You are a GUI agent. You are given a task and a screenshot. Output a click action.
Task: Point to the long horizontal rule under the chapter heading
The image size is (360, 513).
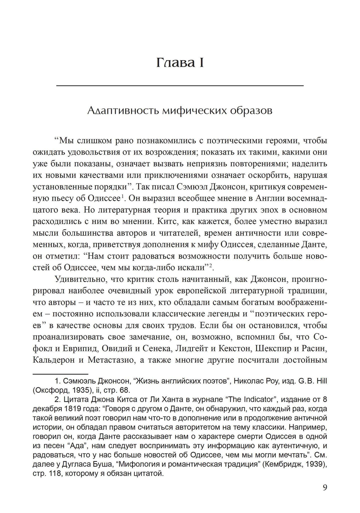tap(180, 85)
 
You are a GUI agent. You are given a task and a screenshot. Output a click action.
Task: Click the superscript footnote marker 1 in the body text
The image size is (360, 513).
tap(123, 196)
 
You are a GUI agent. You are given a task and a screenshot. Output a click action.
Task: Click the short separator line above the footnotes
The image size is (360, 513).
tap(60, 374)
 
